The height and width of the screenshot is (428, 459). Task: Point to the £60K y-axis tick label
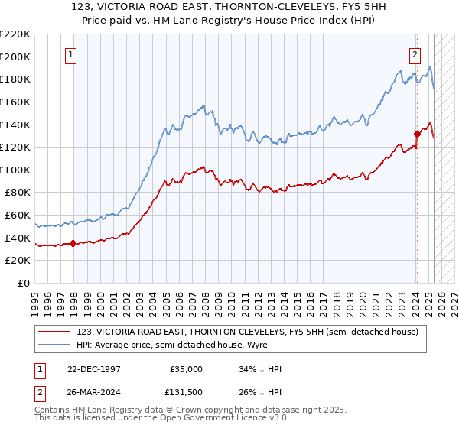[17, 216]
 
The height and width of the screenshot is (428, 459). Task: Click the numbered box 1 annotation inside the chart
[70, 54]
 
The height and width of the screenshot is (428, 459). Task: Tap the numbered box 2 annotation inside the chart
[415, 54]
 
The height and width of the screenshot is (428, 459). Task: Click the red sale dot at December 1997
[73, 244]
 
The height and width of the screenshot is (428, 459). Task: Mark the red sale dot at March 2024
[417, 134]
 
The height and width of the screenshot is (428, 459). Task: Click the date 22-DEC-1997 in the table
[94, 369]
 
